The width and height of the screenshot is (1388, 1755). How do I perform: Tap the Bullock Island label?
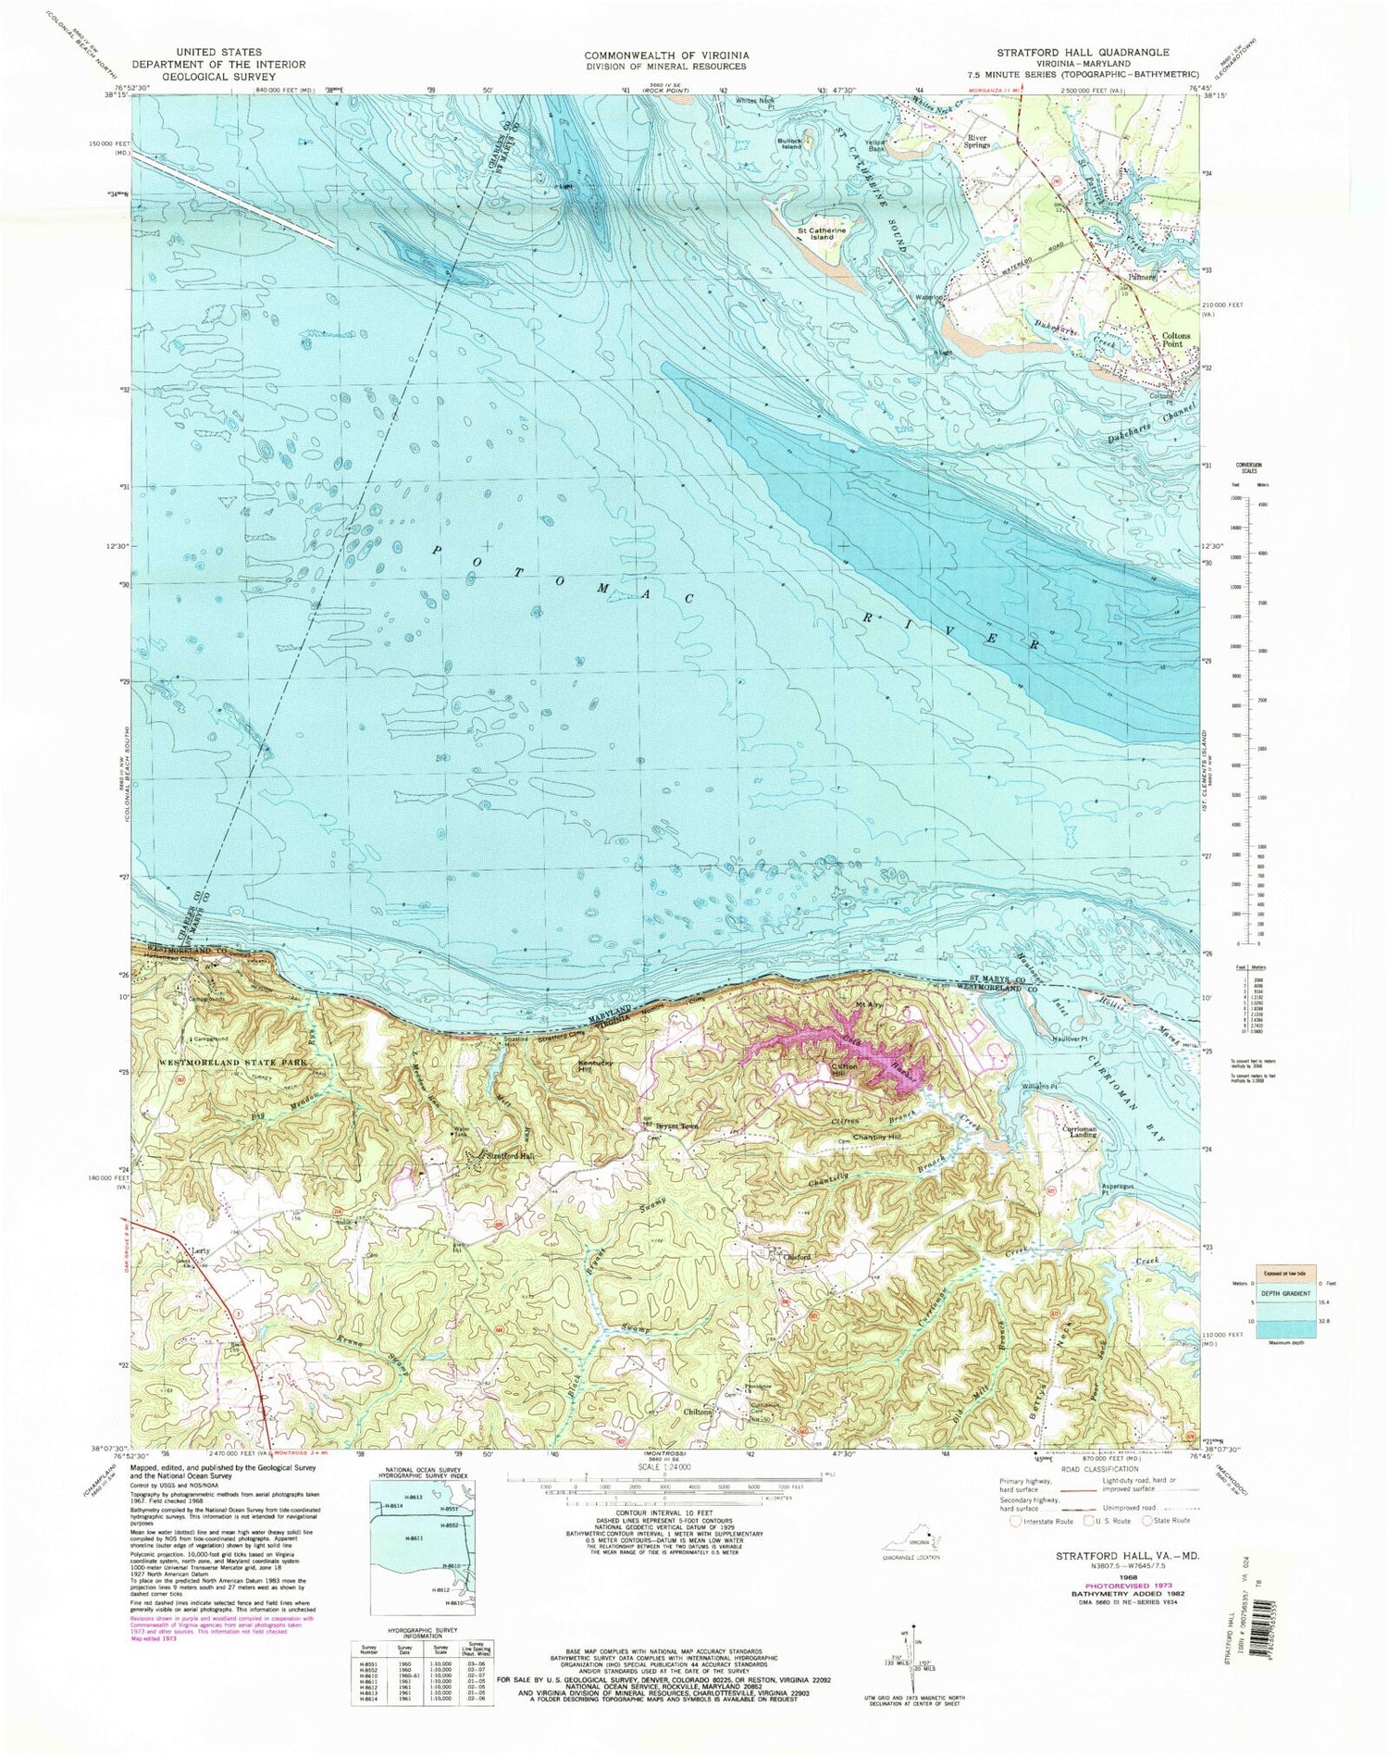pos(789,143)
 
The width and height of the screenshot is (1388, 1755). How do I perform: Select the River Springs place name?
pos(979,142)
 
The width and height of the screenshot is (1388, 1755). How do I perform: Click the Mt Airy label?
pos(869,1004)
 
